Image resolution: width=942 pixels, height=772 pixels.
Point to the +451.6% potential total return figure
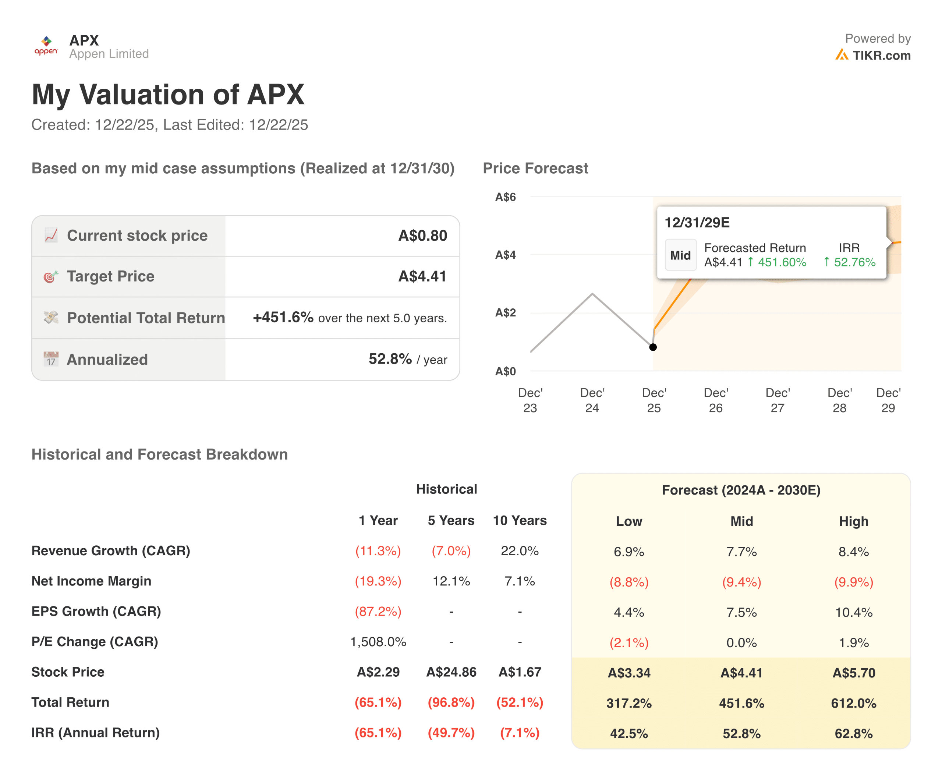[x=283, y=317]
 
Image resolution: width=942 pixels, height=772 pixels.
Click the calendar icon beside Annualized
[x=51, y=359]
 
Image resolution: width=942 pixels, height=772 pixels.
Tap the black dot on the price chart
[x=652, y=347]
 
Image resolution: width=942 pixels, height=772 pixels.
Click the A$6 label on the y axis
[x=505, y=197]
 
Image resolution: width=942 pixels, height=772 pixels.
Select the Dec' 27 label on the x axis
[x=777, y=400]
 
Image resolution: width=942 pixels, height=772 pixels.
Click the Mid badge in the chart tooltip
[x=680, y=255]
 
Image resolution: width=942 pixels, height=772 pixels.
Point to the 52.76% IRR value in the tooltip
[x=854, y=262]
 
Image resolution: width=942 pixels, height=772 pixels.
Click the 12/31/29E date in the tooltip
[x=697, y=222]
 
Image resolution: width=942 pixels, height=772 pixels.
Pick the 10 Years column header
[x=520, y=520]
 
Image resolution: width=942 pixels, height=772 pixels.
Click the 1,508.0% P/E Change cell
[x=378, y=642]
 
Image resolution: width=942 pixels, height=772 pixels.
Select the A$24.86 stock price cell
[x=451, y=672]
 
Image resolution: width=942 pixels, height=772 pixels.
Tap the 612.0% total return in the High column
[x=853, y=703]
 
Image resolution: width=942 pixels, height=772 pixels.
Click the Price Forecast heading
[x=535, y=168]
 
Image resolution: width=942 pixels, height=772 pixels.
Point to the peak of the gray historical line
[x=592, y=294]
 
